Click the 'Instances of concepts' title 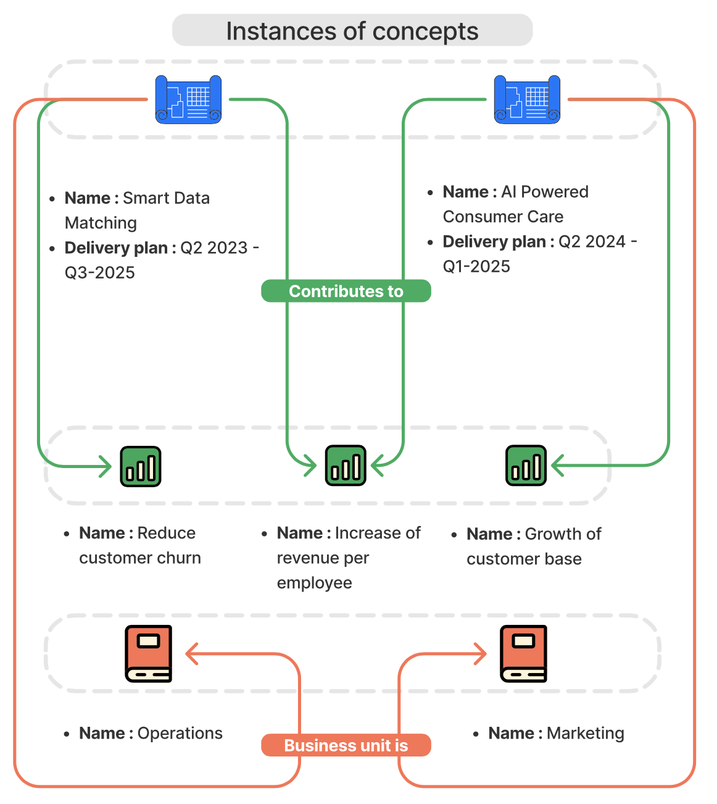352,31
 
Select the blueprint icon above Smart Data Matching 188,99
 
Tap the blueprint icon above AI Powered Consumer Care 527,99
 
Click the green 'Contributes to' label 346,291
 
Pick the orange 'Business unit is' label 346,745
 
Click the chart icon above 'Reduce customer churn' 141,466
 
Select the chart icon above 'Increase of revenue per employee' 346,466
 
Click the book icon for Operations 148,653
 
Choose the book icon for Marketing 523,653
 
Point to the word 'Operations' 180,733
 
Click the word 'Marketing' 585,733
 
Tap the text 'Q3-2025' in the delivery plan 100,272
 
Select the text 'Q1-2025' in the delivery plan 476,266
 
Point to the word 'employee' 314,583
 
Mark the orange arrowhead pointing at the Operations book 191,653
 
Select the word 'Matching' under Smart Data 101,223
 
